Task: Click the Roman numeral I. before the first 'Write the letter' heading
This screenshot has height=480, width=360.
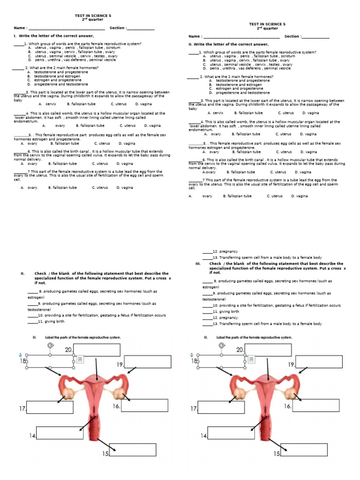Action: point(15,36)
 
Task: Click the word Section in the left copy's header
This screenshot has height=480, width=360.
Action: point(118,28)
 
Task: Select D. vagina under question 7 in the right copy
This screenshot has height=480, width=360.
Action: point(300,196)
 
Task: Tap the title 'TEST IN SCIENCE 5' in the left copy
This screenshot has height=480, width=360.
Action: point(93,16)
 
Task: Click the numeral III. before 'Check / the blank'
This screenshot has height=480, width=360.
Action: point(198,264)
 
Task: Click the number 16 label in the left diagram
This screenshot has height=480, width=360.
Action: point(116,406)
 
